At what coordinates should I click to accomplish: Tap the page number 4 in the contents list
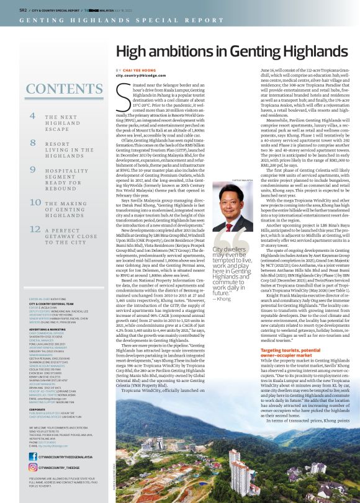[32, 115]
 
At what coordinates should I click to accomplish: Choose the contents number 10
[35, 202]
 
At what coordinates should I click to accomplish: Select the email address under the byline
[138, 76]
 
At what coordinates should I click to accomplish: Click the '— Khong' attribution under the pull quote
[222, 298]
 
